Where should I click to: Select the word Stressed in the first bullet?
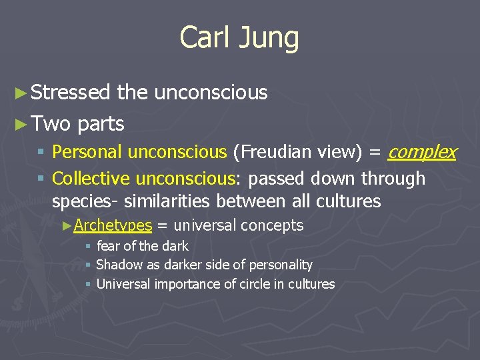[71, 93]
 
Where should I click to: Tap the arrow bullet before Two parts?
[21, 124]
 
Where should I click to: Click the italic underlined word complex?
[421, 152]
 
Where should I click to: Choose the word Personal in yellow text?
[87, 152]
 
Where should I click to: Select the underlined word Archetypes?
[113, 225]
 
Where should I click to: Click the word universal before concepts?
[205, 225]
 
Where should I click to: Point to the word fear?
[109, 246]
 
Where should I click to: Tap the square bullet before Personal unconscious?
[41, 153]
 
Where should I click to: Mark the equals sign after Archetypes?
[162, 226]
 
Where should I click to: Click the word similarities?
[163, 201]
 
